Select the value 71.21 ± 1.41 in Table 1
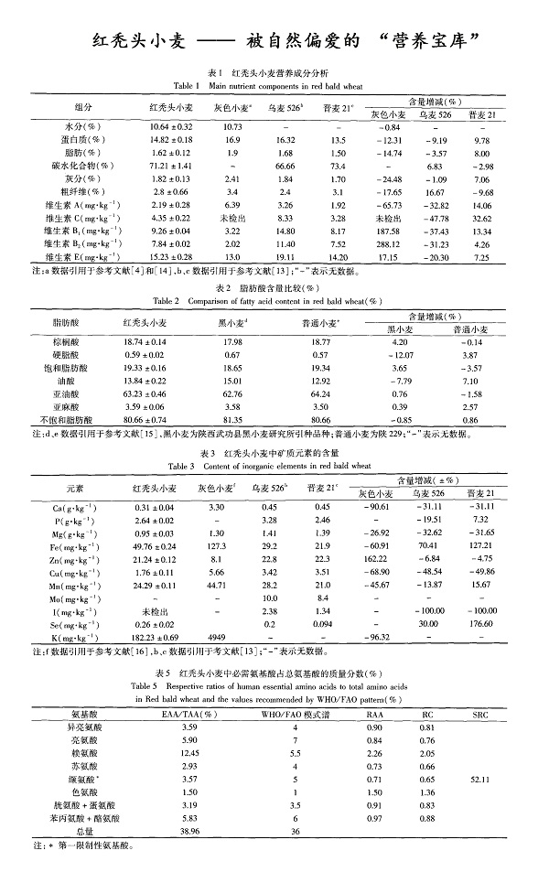click(x=170, y=167)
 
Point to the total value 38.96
click(x=190, y=831)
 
